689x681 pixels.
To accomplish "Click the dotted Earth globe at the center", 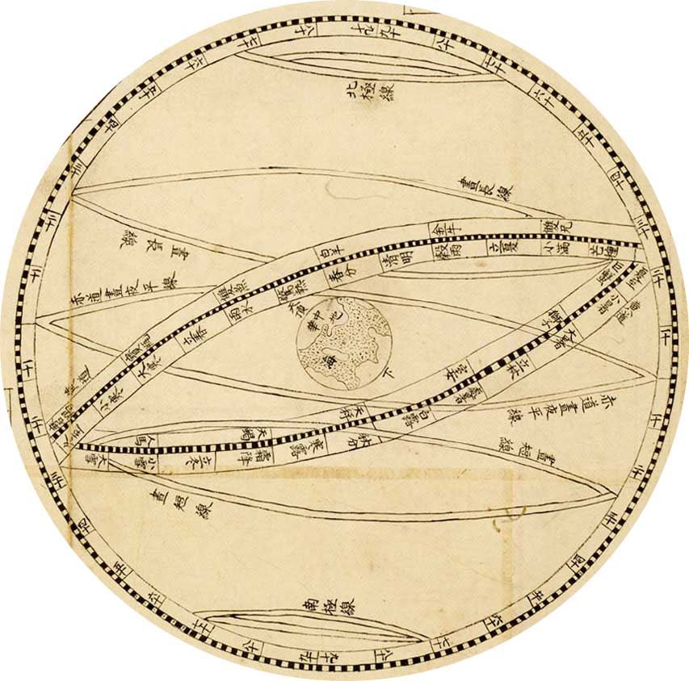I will coord(343,344).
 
